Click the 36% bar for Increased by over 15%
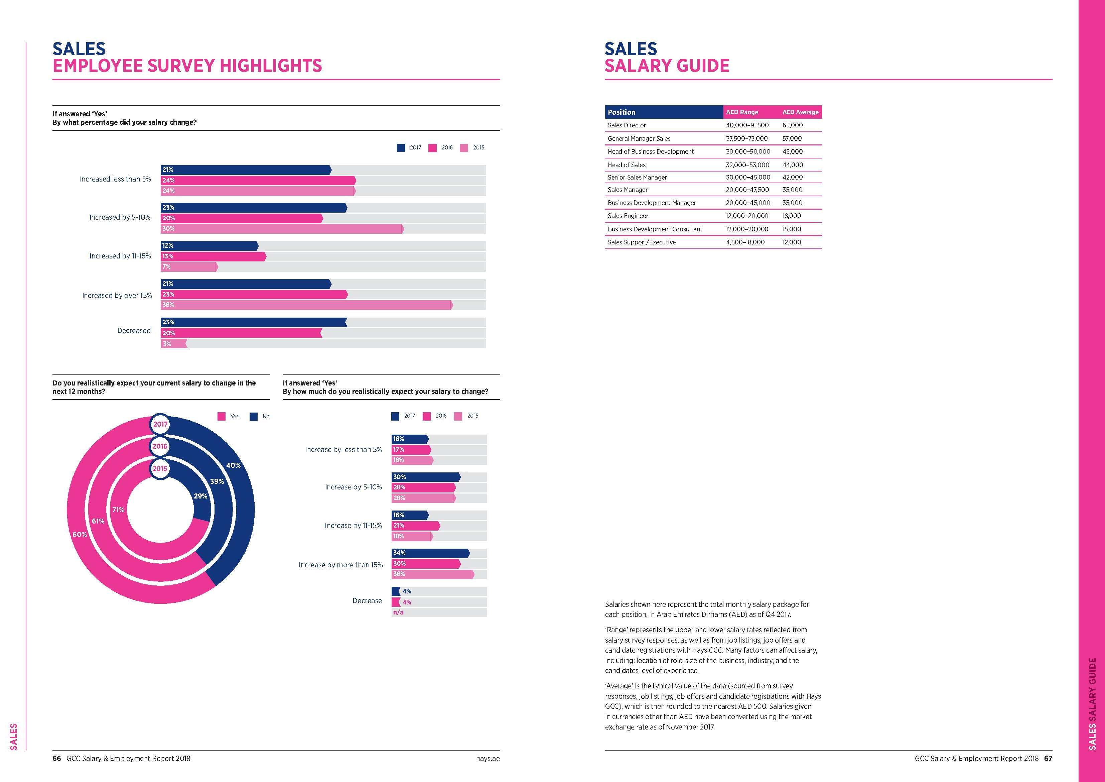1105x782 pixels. tap(306, 305)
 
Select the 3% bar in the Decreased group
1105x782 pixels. tap(173, 344)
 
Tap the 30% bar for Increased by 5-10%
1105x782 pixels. tap(282, 229)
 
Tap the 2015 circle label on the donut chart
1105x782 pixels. tap(160, 468)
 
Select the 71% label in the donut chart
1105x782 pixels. tap(118, 510)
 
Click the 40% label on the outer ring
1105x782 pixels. tap(234, 465)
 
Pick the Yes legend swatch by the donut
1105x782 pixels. tap(222, 417)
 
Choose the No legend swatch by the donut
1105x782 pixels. tap(254, 417)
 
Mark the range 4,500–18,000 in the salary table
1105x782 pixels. tap(745, 242)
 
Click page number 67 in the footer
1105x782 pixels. tap(1048, 758)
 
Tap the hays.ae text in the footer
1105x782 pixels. tap(488, 758)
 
